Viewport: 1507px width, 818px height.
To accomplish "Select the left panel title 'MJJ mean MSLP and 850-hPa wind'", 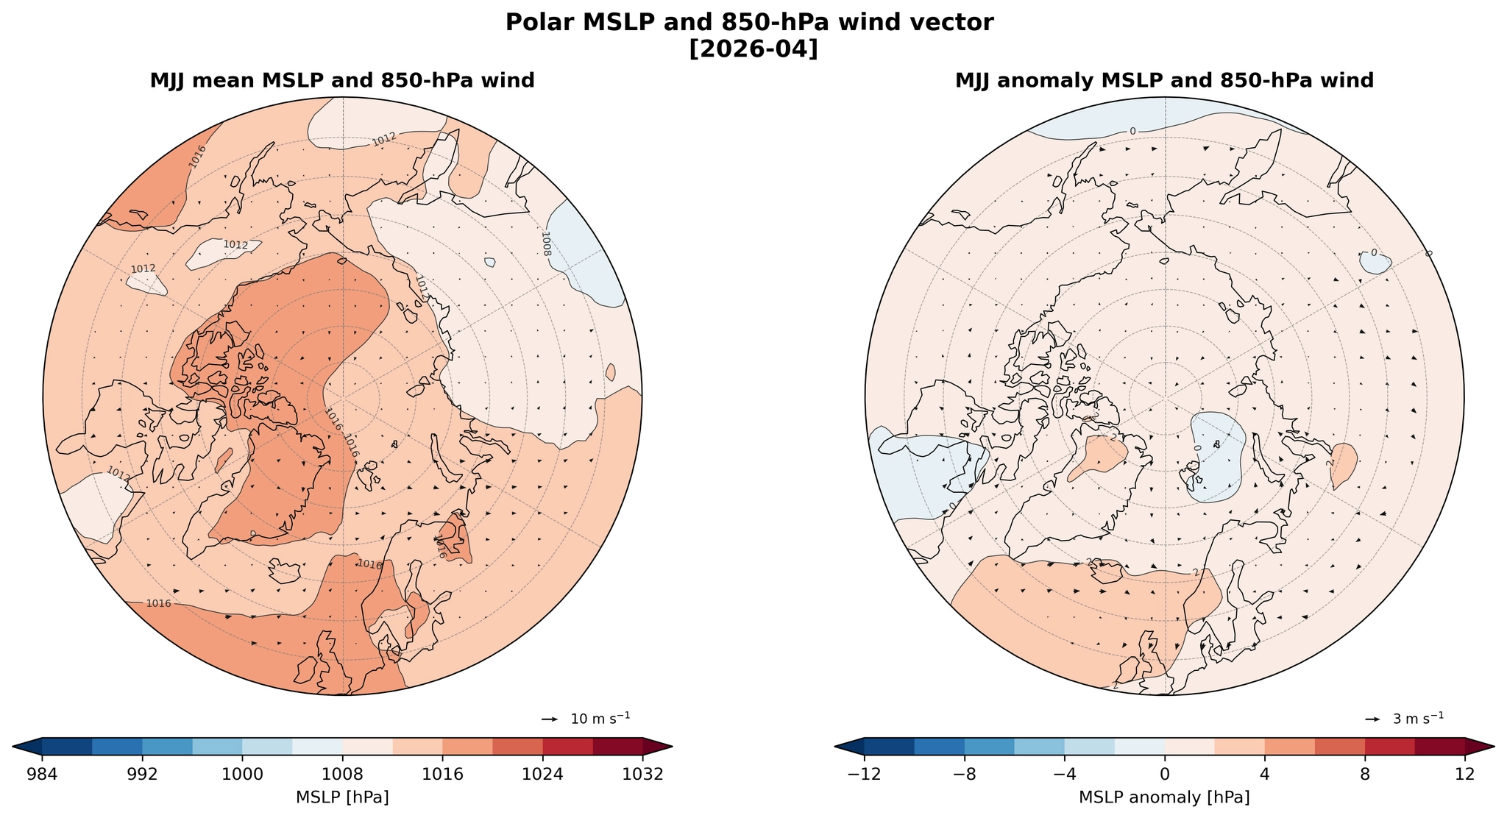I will [342, 81].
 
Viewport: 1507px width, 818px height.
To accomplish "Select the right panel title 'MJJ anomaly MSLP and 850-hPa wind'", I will [1164, 81].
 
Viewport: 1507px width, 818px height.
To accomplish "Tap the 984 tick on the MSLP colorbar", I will [42, 775].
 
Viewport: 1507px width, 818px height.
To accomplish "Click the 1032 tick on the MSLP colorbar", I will [643, 775].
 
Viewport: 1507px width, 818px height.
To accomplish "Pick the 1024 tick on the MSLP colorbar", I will [543, 775].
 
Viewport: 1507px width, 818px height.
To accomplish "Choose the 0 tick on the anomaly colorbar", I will [1165, 775].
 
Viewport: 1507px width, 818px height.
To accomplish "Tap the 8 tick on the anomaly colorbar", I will [1365, 775].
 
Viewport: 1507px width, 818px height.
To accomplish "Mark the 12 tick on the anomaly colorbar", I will [1465, 775].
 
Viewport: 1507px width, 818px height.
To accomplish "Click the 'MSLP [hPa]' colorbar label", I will [342, 798].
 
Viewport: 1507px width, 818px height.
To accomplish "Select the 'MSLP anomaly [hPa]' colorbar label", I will [1164, 798].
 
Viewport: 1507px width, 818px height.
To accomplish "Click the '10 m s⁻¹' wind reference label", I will [600, 719].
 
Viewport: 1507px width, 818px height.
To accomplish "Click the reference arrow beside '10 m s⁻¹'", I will [550, 719].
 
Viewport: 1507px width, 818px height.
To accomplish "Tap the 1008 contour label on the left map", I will [545, 243].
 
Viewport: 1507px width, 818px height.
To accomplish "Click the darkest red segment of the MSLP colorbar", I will [618, 746].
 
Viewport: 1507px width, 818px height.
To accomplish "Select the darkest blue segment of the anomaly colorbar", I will [889, 746].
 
